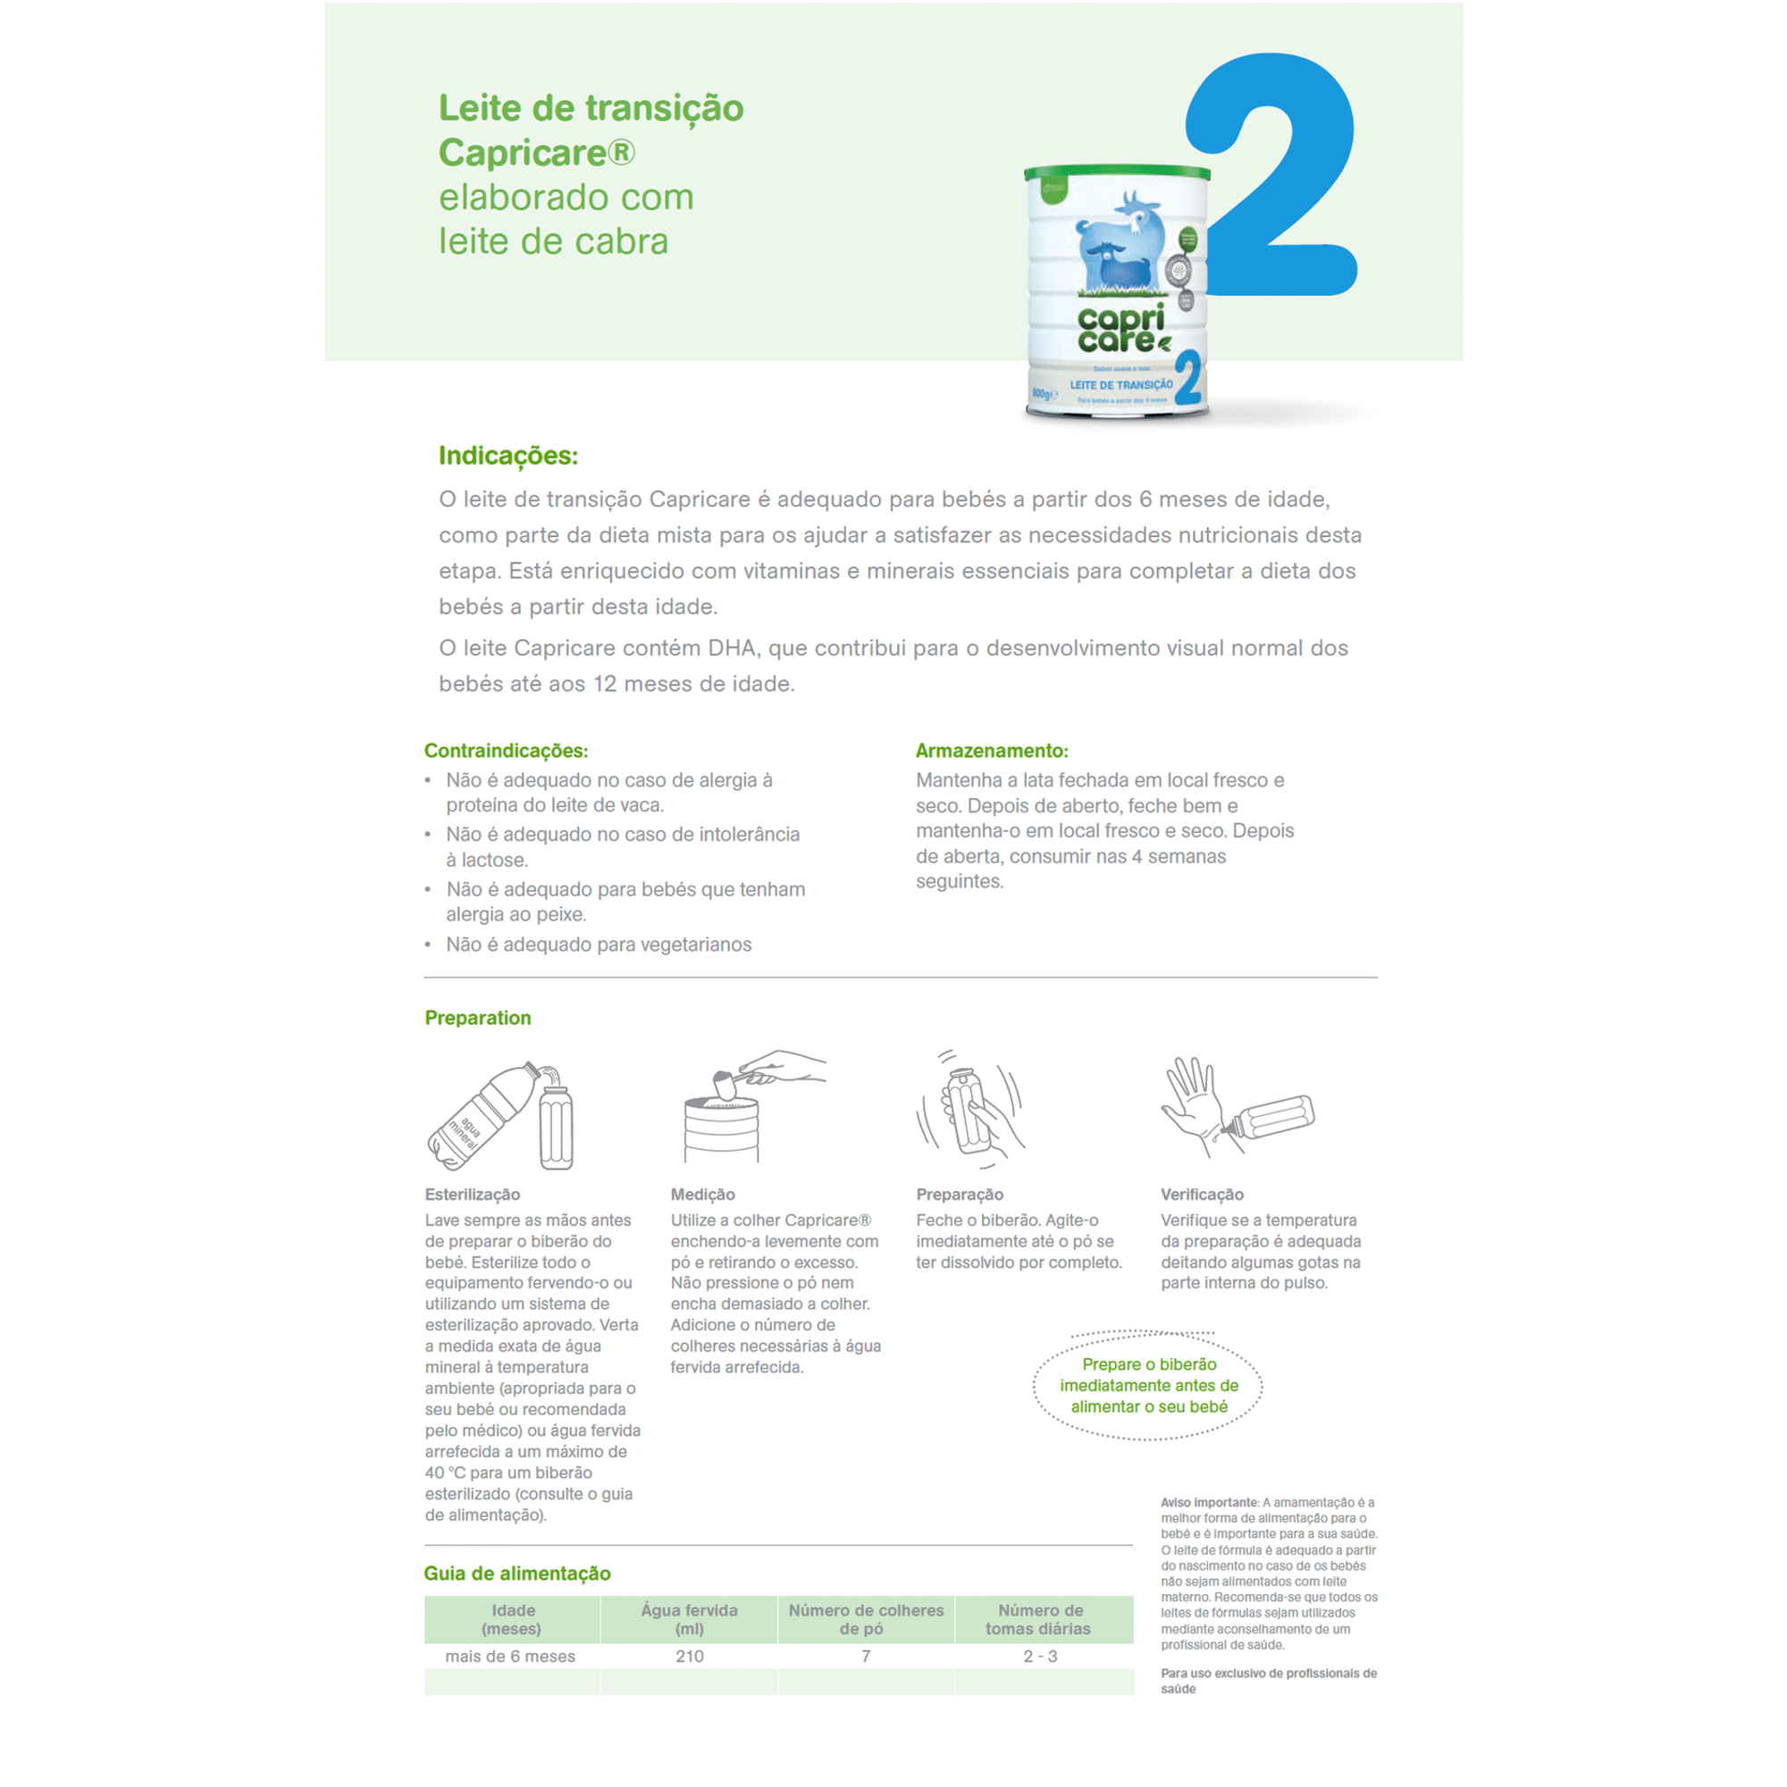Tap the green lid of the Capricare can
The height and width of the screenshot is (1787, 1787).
1116,173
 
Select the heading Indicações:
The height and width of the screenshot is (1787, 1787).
508,456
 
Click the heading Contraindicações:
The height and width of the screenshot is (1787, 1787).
506,751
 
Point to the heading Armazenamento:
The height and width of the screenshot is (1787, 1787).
992,751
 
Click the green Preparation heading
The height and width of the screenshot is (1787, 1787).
478,1018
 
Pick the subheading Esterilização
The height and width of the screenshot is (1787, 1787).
473,1194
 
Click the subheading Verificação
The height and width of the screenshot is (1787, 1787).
1202,1194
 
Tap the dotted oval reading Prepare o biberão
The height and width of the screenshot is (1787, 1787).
1149,1386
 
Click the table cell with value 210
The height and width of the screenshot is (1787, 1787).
689,1657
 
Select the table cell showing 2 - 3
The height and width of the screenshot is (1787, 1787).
1040,1657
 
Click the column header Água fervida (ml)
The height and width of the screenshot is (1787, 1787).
689,1620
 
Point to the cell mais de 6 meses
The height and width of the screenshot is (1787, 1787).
509,1657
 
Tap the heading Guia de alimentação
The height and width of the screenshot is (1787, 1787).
517,1573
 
